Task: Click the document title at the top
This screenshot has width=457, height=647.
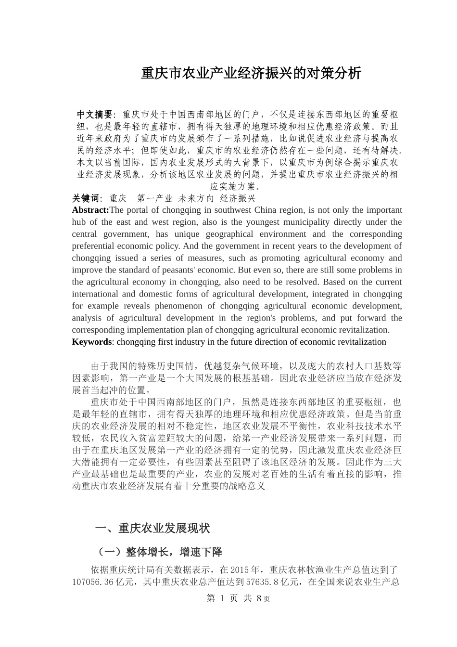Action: (x=251, y=73)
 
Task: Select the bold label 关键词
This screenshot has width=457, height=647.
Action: (x=86, y=198)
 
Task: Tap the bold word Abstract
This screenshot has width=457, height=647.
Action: (x=90, y=210)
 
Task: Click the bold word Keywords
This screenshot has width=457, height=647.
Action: (x=91, y=342)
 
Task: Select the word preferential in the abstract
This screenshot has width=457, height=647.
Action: (x=95, y=246)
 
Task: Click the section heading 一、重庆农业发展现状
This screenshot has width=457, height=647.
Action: (x=152, y=528)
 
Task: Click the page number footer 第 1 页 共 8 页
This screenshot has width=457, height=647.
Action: (x=238, y=598)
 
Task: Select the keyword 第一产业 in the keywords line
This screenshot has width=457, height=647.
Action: (x=154, y=198)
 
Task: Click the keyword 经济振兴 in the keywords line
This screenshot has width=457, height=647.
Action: (x=238, y=198)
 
